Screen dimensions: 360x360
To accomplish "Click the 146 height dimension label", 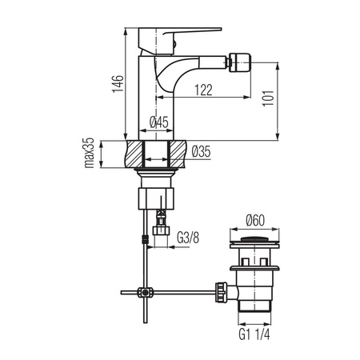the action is (118, 84).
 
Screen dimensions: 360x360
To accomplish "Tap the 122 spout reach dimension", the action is (203, 90).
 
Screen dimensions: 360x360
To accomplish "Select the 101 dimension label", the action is (268, 98).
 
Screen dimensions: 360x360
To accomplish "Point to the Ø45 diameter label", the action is (159, 122).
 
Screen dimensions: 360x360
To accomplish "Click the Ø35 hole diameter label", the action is (201, 151).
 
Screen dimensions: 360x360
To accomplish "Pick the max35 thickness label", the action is (89, 153).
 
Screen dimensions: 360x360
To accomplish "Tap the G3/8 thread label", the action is (188, 238).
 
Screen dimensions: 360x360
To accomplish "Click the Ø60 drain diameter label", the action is (255, 221).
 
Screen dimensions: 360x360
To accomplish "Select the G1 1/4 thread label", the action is (254, 334).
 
